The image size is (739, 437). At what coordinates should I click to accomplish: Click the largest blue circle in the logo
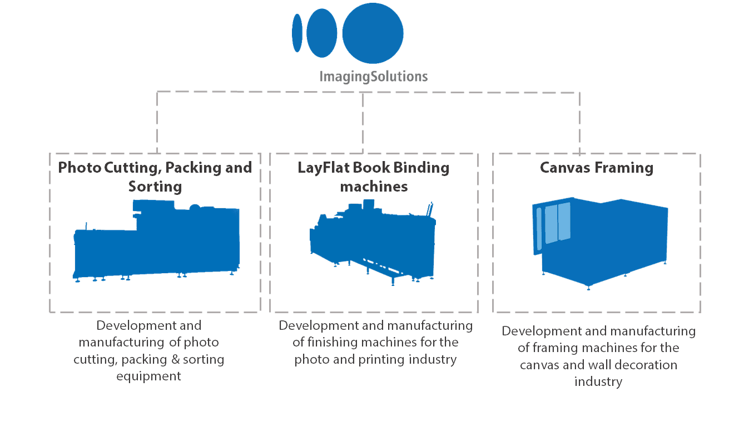click(373, 33)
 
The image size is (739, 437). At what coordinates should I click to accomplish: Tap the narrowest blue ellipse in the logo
click(297, 33)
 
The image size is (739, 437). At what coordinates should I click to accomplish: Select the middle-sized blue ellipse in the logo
click(322, 33)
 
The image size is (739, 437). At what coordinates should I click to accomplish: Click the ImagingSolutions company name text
click(373, 76)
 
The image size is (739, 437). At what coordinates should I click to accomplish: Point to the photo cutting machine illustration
click(157, 244)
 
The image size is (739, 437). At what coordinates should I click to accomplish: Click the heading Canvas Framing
click(597, 168)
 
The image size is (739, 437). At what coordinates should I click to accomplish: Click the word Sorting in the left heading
click(155, 187)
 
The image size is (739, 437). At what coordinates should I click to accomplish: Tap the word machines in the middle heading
click(374, 187)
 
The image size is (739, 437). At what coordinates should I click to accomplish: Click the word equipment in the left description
click(149, 376)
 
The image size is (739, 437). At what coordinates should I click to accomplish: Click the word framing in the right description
click(552, 348)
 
